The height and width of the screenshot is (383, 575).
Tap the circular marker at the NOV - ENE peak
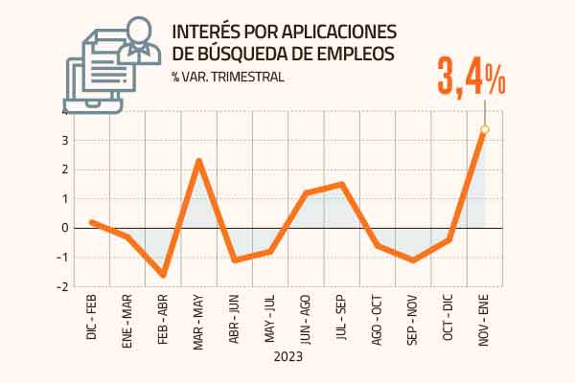pyautogui.click(x=485, y=129)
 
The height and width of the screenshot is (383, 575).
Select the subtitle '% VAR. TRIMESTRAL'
pyautogui.click(x=227, y=78)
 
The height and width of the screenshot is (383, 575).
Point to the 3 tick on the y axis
pyautogui.click(x=63, y=141)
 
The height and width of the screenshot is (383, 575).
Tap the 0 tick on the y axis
pyautogui.click(x=63, y=228)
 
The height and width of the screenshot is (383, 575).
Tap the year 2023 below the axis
pyautogui.click(x=287, y=357)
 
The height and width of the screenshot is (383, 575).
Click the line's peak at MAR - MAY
pyautogui.click(x=198, y=160)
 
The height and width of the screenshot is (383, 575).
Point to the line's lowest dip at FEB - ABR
pyautogui.click(x=163, y=276)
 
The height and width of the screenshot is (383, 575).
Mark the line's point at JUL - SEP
pyautogui.click(x=342, y=184)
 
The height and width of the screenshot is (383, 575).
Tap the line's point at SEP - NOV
pyautogui.click(x=413, y=260)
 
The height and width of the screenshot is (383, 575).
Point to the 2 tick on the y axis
pyautogui.click(x=63, y=169)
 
